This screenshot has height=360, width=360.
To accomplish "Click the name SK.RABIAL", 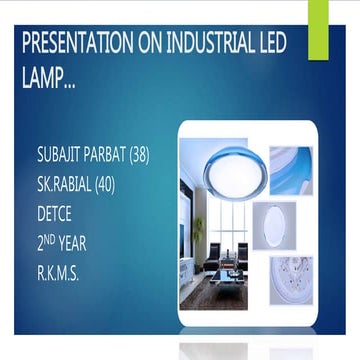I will click(69, 187).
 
